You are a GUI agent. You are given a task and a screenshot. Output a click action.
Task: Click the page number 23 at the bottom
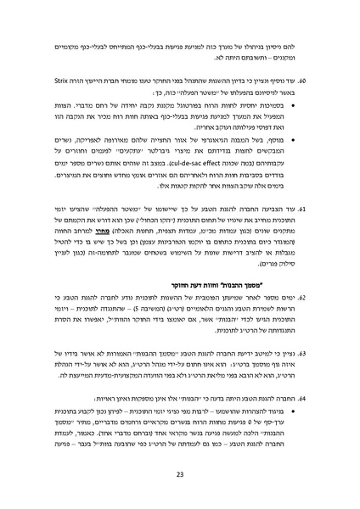tap(180, 474)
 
